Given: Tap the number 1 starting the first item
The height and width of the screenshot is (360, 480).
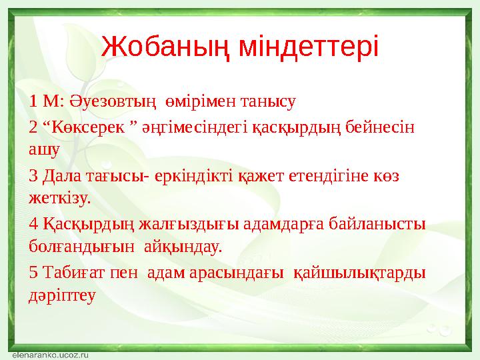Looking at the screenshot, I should click(33, 102).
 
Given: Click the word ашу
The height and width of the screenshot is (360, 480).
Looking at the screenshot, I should click(43, 149).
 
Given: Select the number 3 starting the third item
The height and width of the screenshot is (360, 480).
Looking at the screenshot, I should click(33, 177).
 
